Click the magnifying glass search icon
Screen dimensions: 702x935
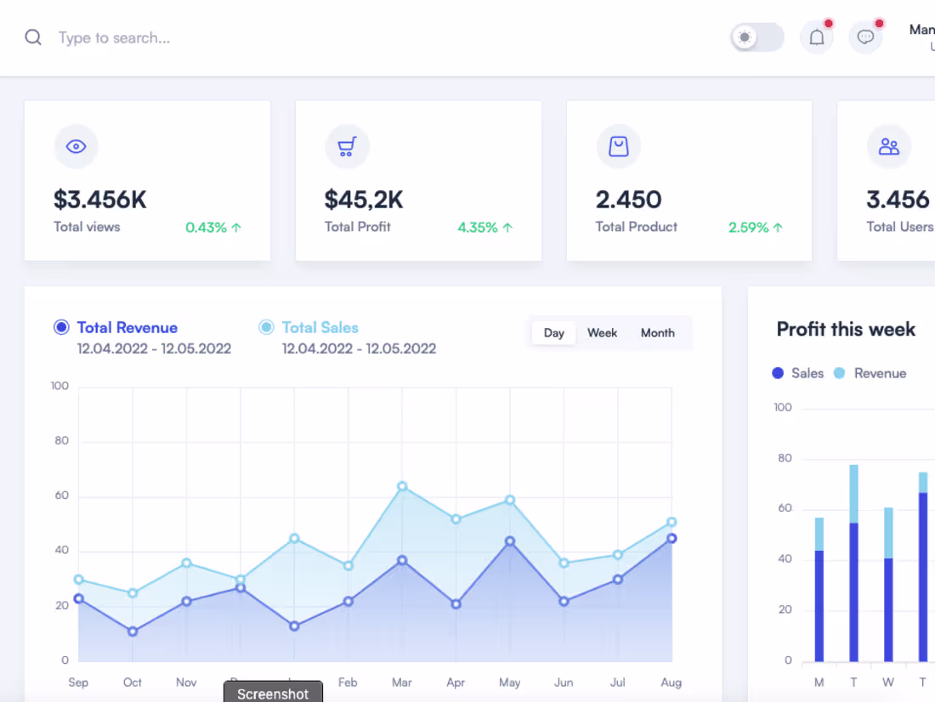click(x=33, y=37)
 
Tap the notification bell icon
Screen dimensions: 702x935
click(x=817, y=37)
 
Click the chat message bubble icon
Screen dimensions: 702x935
click(x=865, y=37)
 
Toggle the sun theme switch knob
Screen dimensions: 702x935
click(x=745, y=37)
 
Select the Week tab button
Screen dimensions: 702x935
click(x=602, y=333)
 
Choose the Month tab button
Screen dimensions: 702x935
click(x=657, y=333)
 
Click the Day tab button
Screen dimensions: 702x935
click(x=554, y=333)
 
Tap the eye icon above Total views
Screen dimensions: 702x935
click(x=76, y=146)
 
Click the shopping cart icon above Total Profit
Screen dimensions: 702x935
click(x=347, y=146)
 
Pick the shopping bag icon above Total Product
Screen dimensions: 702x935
click(x=618, y=146)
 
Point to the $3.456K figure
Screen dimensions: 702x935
click(x=100, y=200)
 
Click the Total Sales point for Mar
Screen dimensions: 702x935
click(x=402, y=487)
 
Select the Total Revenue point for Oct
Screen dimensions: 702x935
click(x=133, y=631)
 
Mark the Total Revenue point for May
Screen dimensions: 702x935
click(x=510, y=541)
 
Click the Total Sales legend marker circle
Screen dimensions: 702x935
click(x=266, y=327)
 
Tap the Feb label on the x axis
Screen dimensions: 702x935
click(x=348, y=682)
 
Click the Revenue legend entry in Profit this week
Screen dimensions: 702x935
click(x=880, y=373)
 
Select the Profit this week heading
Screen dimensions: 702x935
click(x=846, y=330)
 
